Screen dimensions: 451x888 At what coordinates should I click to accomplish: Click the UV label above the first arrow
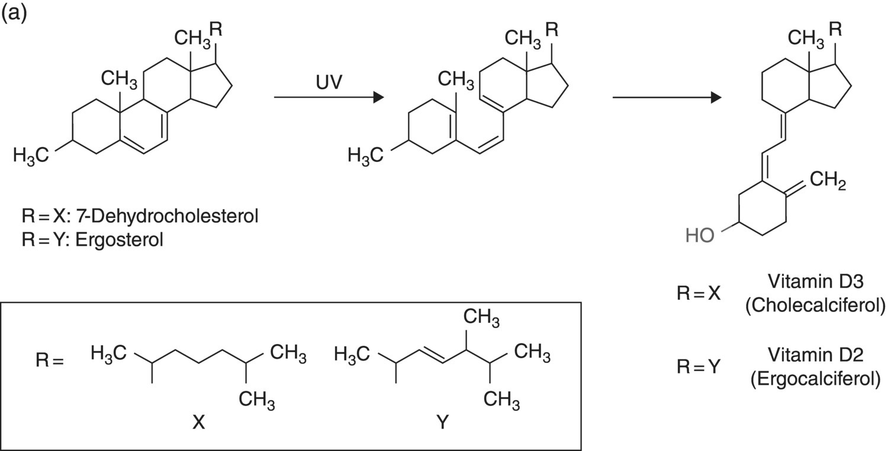[x=329, y=82]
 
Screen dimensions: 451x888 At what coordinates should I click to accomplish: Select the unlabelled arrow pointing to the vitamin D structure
[x=667, y=98]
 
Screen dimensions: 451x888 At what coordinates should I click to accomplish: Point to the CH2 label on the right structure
[x=826, y=181]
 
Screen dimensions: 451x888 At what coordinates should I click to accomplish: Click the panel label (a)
[x=14, y=13]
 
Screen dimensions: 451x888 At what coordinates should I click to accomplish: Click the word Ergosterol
[x=119, y=241]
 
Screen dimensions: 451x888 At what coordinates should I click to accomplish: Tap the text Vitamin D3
[x=816, y=282]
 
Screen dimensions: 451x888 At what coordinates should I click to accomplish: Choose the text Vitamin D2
[x=816, y=355]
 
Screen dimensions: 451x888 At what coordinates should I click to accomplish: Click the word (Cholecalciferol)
[x=815, y=306]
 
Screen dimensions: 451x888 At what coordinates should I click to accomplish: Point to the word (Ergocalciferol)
[x=815, y=378]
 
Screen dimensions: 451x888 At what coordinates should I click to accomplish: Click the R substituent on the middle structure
[x=552, y=29]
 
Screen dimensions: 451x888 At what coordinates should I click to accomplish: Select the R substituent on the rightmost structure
[x=835, y=29]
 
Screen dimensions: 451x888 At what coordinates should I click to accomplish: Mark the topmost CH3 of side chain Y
[x=481, y=319]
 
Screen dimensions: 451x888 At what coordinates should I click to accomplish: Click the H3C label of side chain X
[x=110, y=354]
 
